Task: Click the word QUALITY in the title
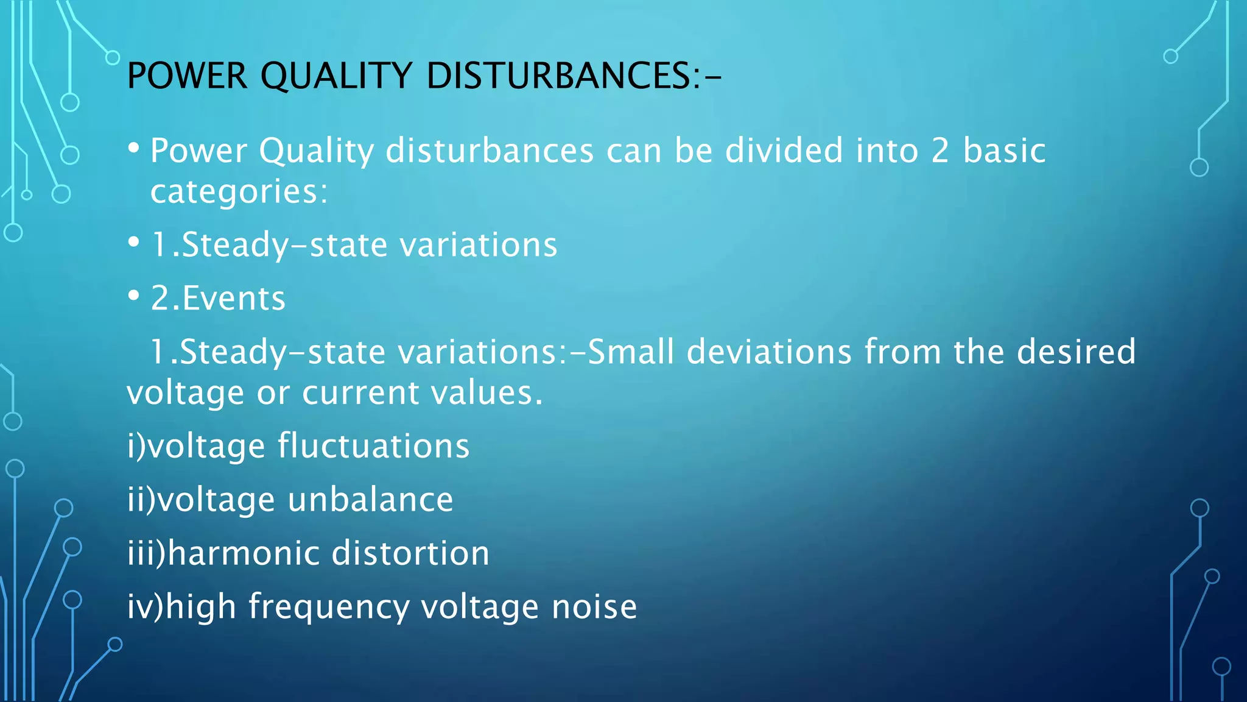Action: tap(336, 76)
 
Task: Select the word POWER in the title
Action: tap(188, 76)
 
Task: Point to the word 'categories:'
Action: tap(239, 193)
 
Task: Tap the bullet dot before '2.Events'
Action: tap(134, 296)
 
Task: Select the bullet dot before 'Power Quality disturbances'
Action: tap(134, 148)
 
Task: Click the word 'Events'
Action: tap(234, 299)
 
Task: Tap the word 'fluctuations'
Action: tap(374, 445)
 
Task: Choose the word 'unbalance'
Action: tap(370, 500)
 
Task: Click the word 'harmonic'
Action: tap(244, 553)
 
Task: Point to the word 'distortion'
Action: tap(410, 553)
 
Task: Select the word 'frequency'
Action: tap(329, 608)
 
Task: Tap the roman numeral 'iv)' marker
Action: tap(146, 607)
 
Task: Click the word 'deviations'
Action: tap(769, 352)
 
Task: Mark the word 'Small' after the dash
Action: tap(631, 352)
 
